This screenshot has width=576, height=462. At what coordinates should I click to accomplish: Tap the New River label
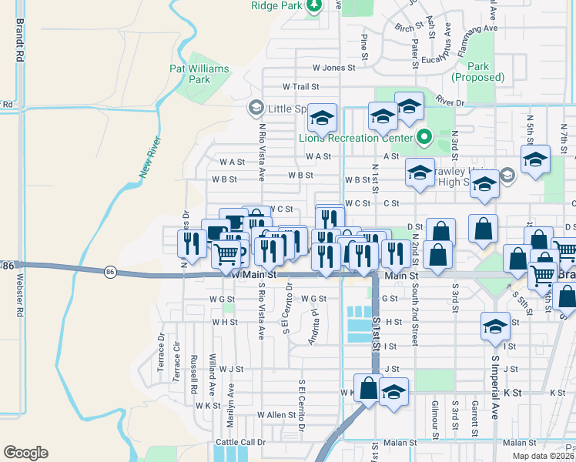(150, 158)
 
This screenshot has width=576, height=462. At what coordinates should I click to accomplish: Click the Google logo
(25, 453)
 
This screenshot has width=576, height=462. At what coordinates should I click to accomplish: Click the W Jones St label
(333, 68)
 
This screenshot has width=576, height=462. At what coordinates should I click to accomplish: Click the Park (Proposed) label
(477, 72)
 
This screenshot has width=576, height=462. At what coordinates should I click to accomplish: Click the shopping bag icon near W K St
(368, 390)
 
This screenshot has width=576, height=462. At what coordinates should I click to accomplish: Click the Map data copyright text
(544, 456)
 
